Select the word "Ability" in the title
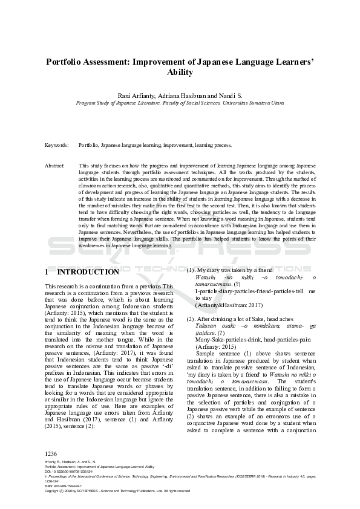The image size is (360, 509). pyautogui.click(x=180, y=73)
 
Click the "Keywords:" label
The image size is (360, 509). pyautogui.click(x=57, y=146)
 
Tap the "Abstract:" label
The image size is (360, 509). pyautogui.click(x=56, y=165)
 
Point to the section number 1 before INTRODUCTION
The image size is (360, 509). pyautogui.click(x=48, y=272)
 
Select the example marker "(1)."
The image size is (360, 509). pyautogui.click(x=191, y=269)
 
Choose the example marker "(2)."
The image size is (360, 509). pyautogui.click(x=191, y=318)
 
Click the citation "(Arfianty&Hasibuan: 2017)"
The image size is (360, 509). pyautogui.click(x=229, y=305)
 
